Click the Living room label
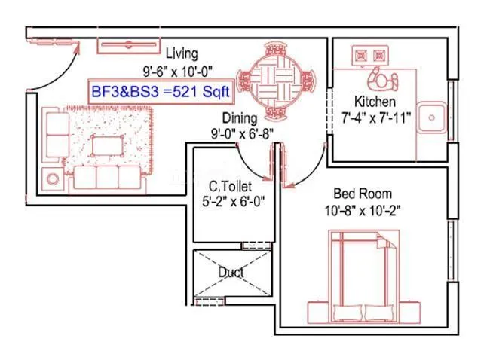tap(182, 53)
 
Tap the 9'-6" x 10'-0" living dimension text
tap(177, 72)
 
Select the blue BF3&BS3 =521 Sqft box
tap(161, 91)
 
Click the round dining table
tap(276, 82)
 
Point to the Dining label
tap(240, 118)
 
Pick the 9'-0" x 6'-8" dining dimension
tap(243, 134)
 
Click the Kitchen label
tap(375, 102)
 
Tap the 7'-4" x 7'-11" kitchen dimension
tap(375, 118)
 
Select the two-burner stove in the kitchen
tap(370, 56)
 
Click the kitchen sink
tap(433, 117)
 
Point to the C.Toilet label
tap(230, 186)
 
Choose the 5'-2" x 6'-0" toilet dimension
tap(234, 201)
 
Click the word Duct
tap(231, 273)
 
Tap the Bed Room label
tap(363, 194)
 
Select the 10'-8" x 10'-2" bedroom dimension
tap(363, 211)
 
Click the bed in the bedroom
tap(364, 276)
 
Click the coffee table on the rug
tap(107, 146)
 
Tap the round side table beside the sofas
tap(53, 179)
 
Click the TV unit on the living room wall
tap(129, 45)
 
